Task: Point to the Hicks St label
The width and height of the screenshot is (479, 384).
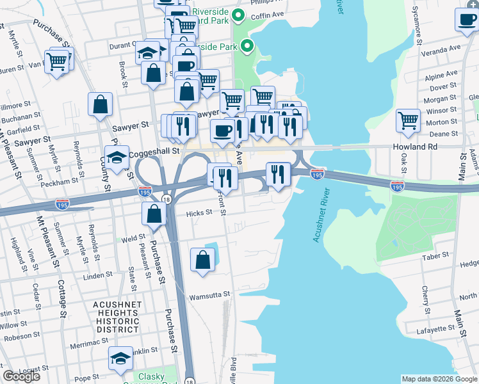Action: pos(199,214)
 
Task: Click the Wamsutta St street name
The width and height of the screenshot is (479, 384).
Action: pos(209,295)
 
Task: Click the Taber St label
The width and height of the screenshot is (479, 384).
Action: pos(436,255)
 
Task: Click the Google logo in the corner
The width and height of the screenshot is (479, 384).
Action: pos(22,376)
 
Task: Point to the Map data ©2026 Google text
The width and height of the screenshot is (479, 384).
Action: pos(439,379)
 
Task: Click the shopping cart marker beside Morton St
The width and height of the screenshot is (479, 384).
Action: pos(408,120)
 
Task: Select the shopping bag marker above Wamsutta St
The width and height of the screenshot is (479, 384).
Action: pos(202,260)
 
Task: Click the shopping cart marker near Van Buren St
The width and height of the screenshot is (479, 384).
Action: pos(57,61)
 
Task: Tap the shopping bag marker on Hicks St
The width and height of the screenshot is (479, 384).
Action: pos(154,214)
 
